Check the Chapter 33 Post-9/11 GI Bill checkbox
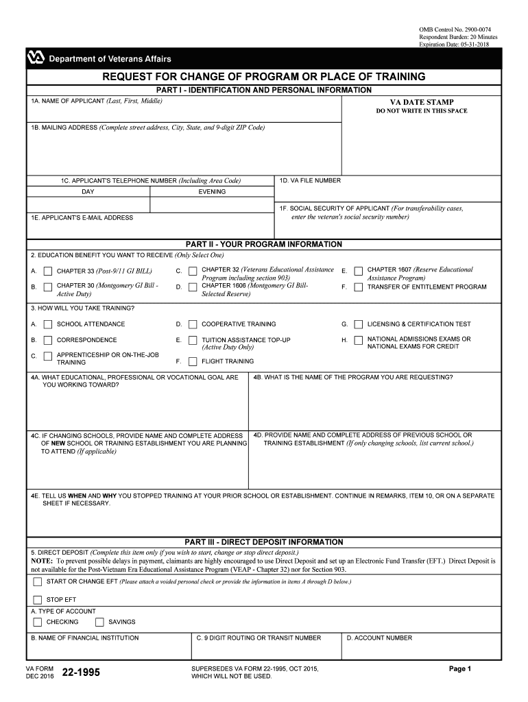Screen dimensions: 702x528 point(47,271)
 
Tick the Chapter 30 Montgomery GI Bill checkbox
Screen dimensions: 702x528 point(47,287)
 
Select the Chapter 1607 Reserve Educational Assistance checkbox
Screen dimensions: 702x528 point(358,271)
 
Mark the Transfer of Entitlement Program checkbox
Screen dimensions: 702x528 point(358,287)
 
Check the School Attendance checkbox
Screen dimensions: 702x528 point(47,324)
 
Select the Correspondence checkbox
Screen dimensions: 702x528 point(47,340)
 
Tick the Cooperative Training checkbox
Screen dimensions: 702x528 point(193,324)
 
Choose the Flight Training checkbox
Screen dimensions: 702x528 point(193,361)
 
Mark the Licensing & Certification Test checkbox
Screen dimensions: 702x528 point(358,324)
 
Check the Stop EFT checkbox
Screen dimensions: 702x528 point(37,599)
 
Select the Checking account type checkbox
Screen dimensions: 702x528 point(37,622)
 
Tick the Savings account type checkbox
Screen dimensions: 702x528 point(99,622)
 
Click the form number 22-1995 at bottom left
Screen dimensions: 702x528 point(81,673)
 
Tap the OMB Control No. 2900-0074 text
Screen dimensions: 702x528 point(455,29)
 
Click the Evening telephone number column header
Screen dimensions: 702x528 point(212,192)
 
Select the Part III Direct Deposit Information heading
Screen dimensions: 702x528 point(264,542)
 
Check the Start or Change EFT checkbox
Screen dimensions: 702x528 point(37,582)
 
